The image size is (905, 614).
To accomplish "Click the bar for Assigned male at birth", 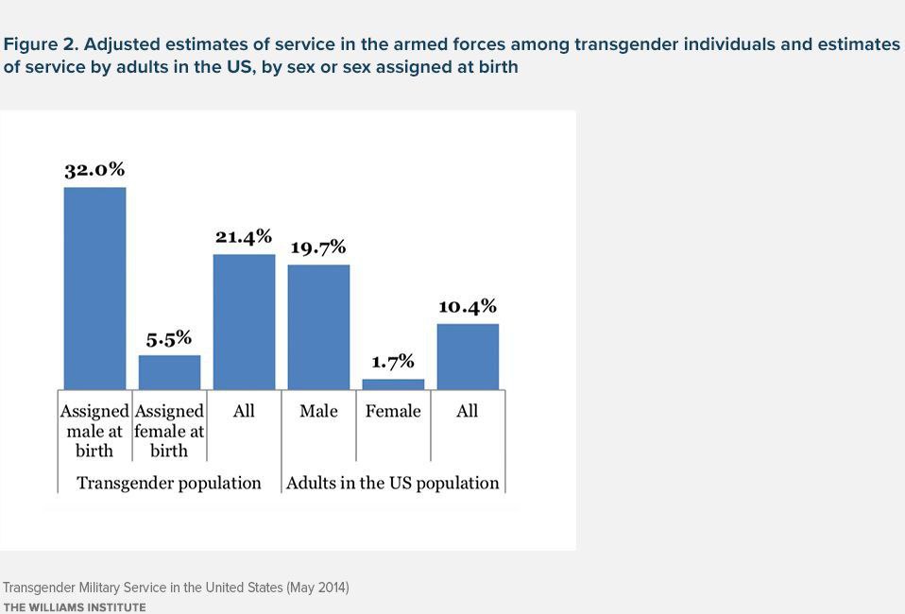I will click(x=94, y=288).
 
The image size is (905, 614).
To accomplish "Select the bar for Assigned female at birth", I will click(x=169, y=372).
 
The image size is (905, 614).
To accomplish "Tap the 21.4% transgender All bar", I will click(x=244, y=321).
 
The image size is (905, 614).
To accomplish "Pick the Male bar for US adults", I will click(x=318, y=327).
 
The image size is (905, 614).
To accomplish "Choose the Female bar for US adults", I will click(x=393, y=384).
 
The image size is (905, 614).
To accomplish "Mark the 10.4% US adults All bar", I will click(x=468, y=356).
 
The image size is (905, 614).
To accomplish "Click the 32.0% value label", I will click(x=94, y=170).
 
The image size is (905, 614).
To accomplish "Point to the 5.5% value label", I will click(x=169, y=337).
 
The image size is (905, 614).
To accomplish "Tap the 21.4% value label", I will click(x=244, y=236).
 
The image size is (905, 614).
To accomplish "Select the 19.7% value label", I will click(x=318, y=247).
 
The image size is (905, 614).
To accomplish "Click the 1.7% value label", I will click(x=393, y=362).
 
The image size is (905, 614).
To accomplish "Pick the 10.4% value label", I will click(x=468, y=306).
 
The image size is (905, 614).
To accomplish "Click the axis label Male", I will click(x=318, y=411).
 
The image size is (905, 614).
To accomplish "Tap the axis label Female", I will click(x=393, y=411).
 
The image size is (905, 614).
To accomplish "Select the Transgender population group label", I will click(x=169, y=483).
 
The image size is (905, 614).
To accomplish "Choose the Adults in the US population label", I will click(x=393, y=483).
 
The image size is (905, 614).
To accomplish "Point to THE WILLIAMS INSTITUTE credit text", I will click(x=75, y=607).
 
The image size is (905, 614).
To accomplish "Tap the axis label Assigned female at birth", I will click(x=169, y=431).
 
